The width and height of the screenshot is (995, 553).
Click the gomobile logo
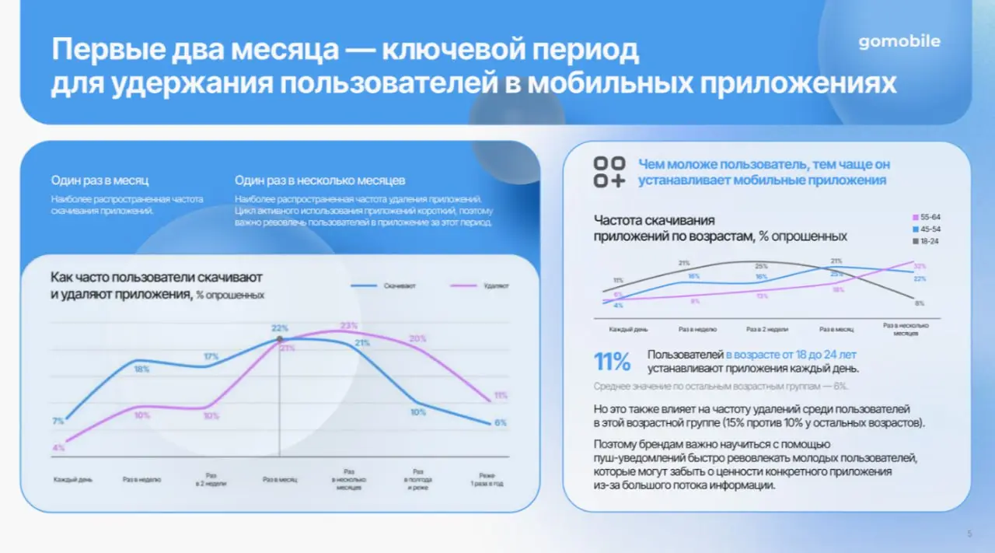tap(899, 42)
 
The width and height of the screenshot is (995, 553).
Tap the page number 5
tap(969, 534)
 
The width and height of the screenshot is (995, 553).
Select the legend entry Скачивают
tap(399, 286)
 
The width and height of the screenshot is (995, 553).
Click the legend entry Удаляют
tap(495, 286)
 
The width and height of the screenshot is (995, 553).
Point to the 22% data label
tap(280, 328)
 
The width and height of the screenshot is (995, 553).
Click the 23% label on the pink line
tap(348, 326)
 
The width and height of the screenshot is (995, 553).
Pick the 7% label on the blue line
tap(58, 422)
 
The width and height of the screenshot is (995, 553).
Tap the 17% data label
tap(211, 357)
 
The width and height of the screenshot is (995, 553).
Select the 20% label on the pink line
tap(417, 338)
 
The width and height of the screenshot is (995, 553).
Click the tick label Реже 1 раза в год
tap(487, 479)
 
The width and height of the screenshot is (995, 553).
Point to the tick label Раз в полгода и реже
tap(418, 479)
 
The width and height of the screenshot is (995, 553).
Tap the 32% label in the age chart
tap(920, 266)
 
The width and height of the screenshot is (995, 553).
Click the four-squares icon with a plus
tap(609, 172)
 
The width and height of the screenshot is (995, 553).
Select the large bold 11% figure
tap(613, 362)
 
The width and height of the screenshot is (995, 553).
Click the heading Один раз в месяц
tap(99, 180)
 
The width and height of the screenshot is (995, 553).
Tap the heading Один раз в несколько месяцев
tap(319, 180)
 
